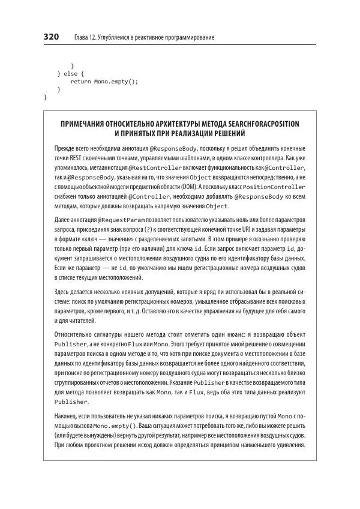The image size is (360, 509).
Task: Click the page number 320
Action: (x=51, y=37)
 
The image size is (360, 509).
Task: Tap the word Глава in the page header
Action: (x=82, y=38)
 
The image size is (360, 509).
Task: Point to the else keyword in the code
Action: (x=70, y=73)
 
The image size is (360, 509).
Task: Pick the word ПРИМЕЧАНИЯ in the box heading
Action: (x=90, y=124)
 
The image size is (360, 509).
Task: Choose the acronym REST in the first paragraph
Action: (x=79, y=158)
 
